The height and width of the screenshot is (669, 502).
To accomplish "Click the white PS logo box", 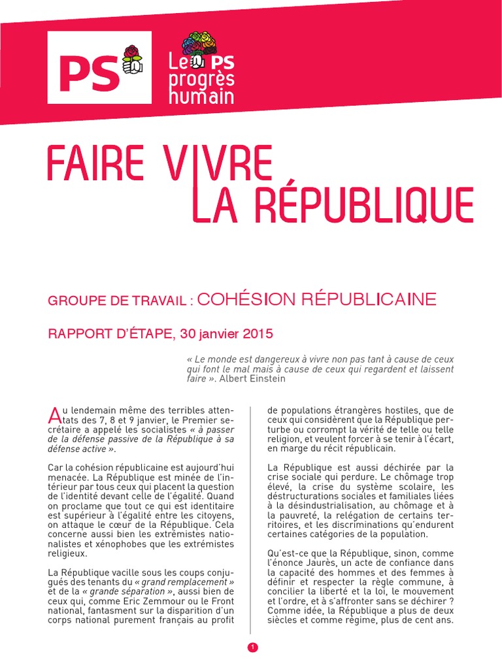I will click(x=99, y=67).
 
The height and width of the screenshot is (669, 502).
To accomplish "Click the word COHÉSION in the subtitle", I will click(x=243, y=300).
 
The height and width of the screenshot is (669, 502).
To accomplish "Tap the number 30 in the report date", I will click(x=188, y=334).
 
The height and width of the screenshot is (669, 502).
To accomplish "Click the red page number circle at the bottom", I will click(x=253, y=647).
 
